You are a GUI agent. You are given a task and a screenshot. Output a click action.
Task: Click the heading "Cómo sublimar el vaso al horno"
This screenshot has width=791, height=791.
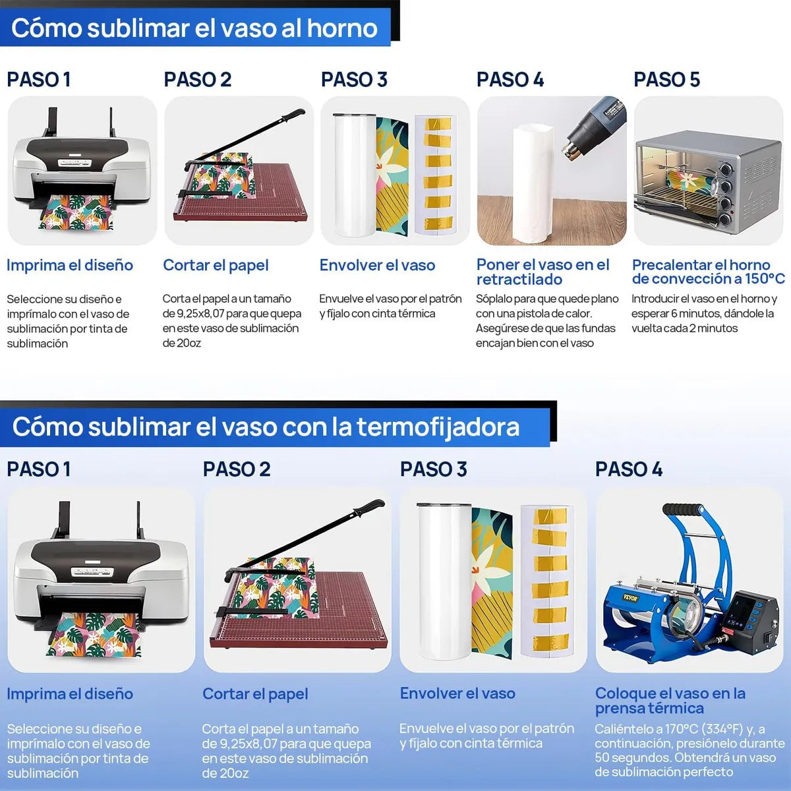pyautogui.click(x=194, y=28)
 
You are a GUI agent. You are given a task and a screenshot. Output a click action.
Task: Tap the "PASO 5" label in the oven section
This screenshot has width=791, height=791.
pyautogui.click(x=666, y=80)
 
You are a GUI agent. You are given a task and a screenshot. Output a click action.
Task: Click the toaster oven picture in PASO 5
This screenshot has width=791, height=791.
pyautogui.click(x=708, y=178)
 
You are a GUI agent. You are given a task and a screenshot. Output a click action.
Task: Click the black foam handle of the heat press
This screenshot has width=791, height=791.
pyautogui.click(x=683, y=510)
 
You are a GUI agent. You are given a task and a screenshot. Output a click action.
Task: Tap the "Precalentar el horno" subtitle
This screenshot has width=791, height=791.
pyautogui.click(x=701, y=265)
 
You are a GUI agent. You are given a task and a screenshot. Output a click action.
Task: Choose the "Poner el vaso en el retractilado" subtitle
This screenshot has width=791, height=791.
pyautogui.click(x=542, y=272)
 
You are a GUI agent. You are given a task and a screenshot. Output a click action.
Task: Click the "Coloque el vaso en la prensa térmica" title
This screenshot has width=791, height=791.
pyautogui.click(x=670, y=701)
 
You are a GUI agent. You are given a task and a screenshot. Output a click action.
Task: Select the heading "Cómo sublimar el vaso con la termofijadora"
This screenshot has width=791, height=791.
pyautogui.click(x=266, y=427)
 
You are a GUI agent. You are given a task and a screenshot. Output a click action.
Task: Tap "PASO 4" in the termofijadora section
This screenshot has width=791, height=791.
pyautogui.click(x=628, y=469)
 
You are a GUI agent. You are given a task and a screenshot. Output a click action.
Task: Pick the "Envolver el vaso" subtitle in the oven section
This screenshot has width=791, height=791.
pyautogui.click(x=377, y=266)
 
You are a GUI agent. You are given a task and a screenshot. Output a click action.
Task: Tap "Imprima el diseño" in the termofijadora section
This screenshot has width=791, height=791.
pyautogui.click(x=70, y=694)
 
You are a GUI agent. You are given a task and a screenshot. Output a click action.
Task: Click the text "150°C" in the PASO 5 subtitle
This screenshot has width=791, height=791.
pyautogui.click(x=765, y=279)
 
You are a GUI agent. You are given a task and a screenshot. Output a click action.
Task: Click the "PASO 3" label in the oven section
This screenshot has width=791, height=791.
pyautogui.click(x=354, y=80)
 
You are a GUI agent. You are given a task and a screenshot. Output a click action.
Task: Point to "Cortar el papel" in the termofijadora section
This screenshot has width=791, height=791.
pyautogui.click(x=255, y=694)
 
